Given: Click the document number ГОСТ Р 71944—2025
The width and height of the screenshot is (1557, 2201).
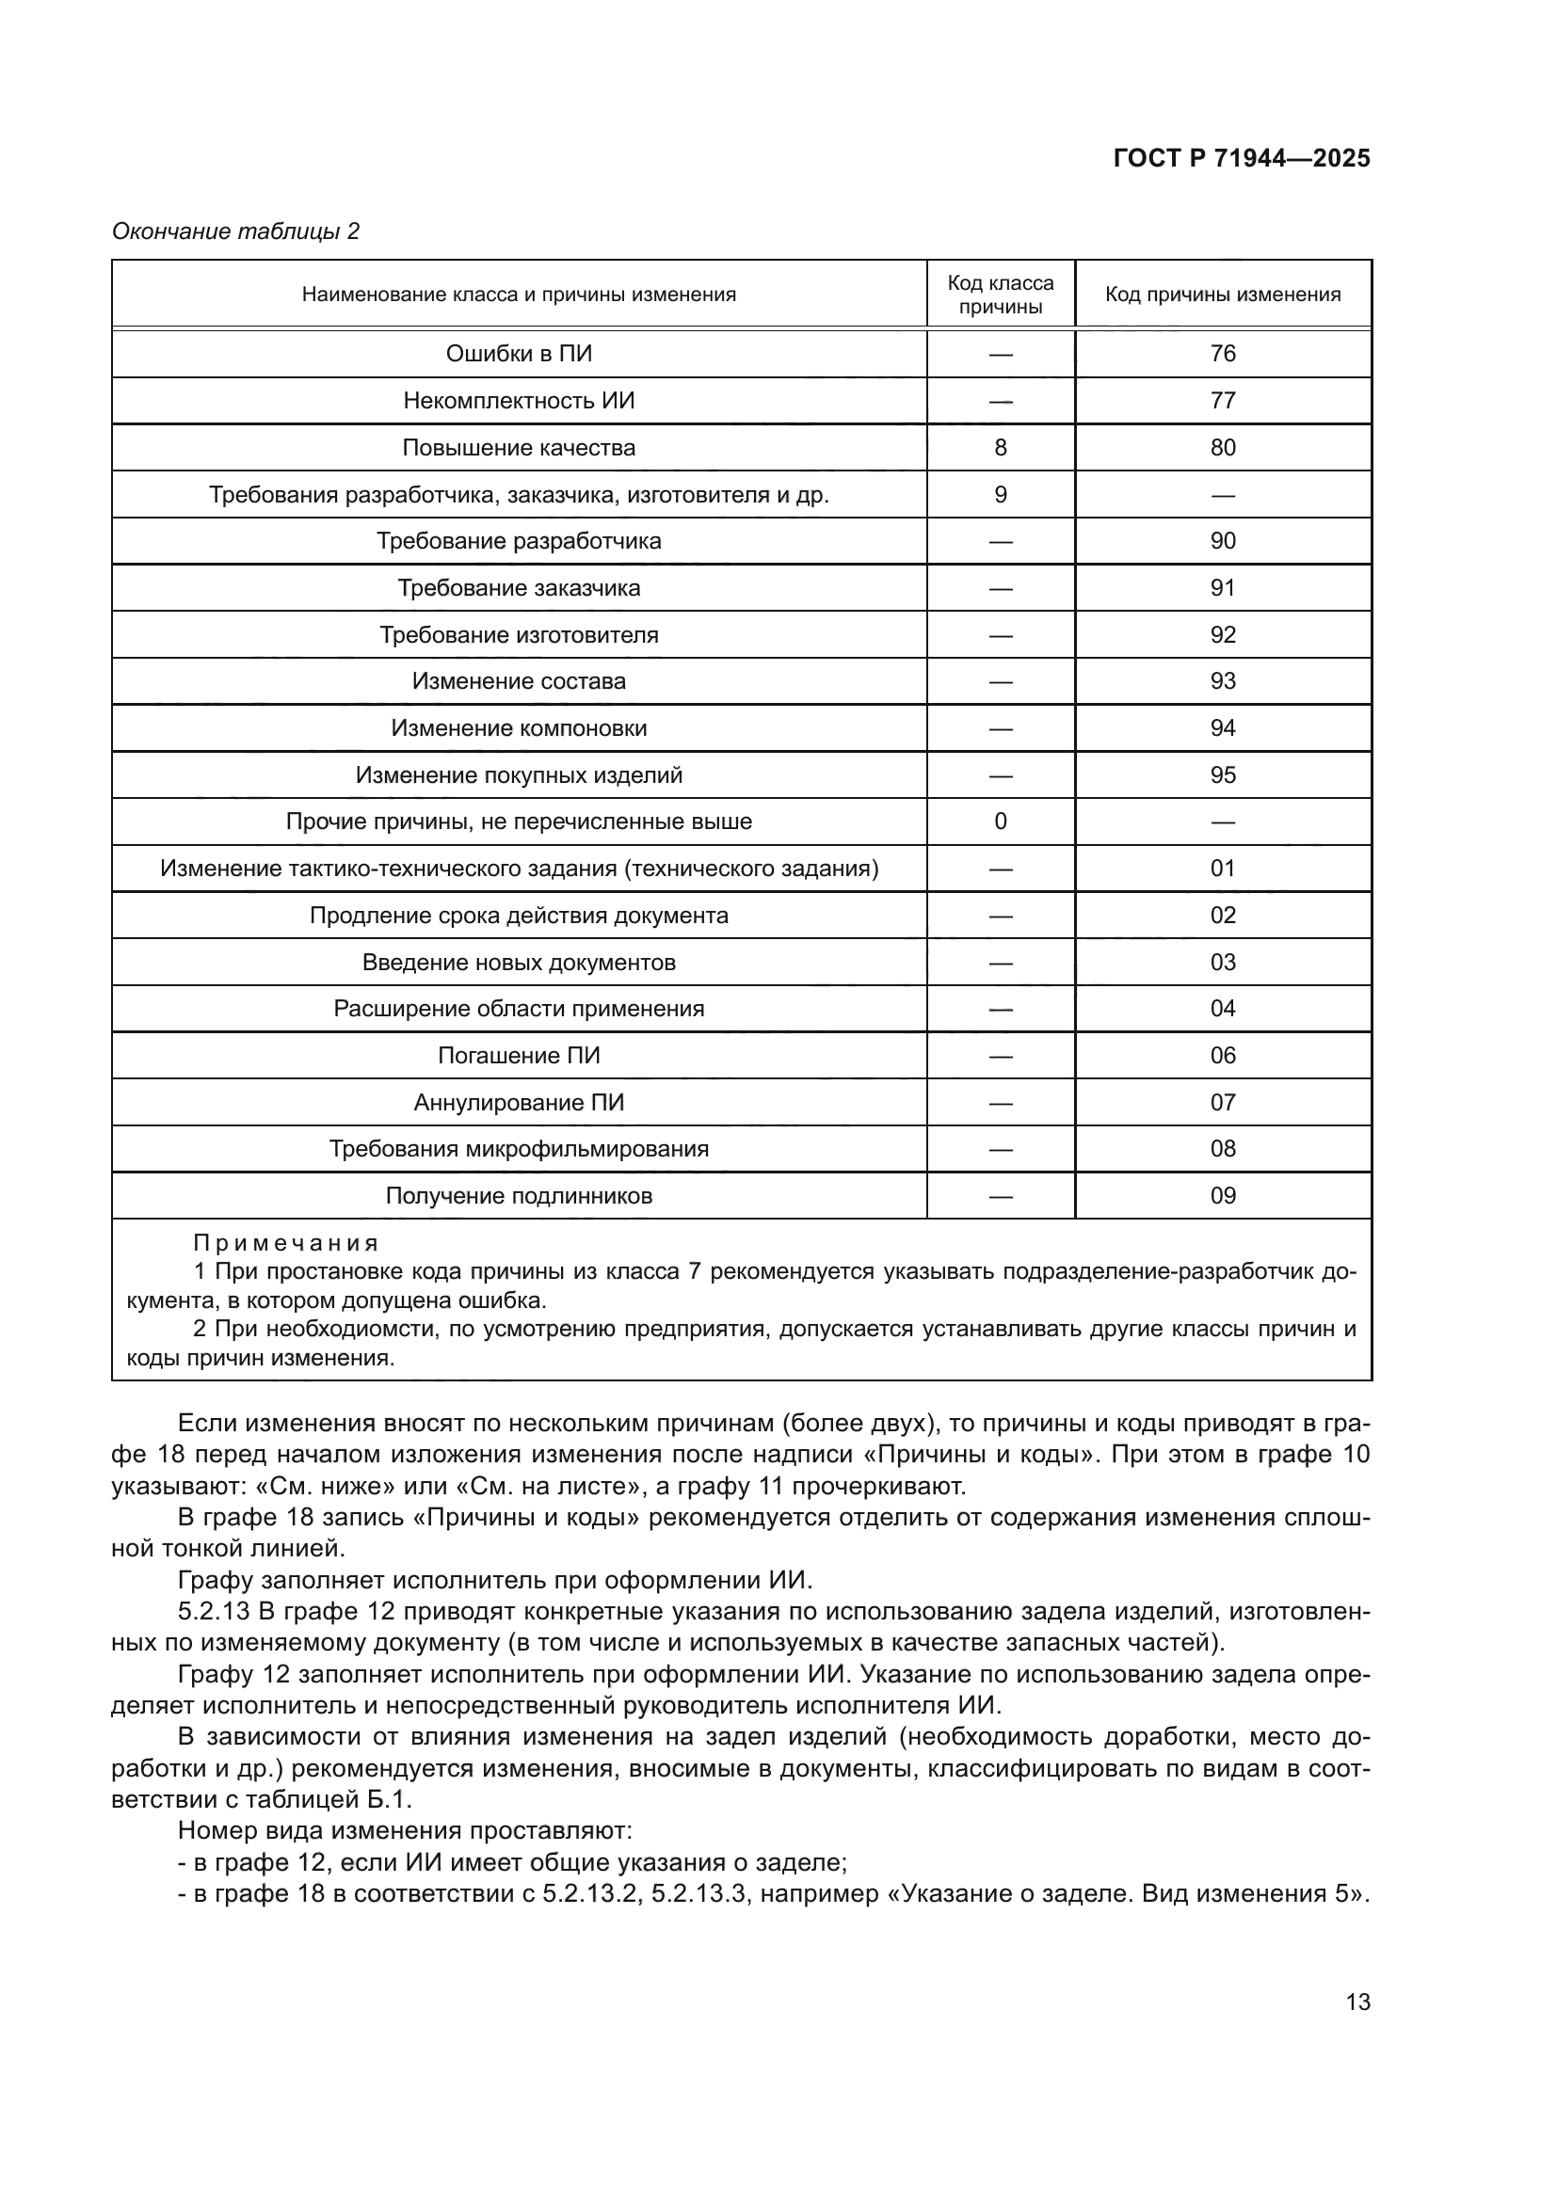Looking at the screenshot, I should pos(1241,159).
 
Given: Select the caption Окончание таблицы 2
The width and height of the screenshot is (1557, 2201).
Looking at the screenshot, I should pos(235,231).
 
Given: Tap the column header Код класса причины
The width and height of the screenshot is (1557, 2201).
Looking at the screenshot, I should pos(1000,295).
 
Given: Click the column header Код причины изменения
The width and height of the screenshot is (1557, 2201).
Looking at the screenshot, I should pos(1223,295).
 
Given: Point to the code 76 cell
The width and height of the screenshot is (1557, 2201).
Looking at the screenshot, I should pos(1223,354).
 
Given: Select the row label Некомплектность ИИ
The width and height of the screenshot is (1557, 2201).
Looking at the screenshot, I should pos(519,401).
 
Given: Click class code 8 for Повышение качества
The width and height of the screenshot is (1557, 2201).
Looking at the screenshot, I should pos(1000,448).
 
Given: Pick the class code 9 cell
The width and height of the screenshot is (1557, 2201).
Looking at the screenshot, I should pos(1000,495).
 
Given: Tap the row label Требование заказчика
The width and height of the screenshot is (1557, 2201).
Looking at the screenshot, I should pos(519,587).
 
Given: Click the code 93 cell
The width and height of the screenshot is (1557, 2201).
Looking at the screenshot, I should pos(1223,681).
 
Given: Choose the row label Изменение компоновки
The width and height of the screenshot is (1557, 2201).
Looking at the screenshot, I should pos(519,728).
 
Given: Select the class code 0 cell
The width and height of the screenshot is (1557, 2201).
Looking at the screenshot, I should pos(1000,821).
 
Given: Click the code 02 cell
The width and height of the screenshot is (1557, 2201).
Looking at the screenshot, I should pos(1223,916).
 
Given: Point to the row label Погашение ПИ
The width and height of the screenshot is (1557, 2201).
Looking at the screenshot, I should pos(519,1056).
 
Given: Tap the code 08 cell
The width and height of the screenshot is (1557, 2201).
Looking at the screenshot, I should pos(1223,1148).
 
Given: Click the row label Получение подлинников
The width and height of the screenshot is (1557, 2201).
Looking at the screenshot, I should pos(519,1195).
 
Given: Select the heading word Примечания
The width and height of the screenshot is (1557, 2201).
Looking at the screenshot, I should pos(286,1243).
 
